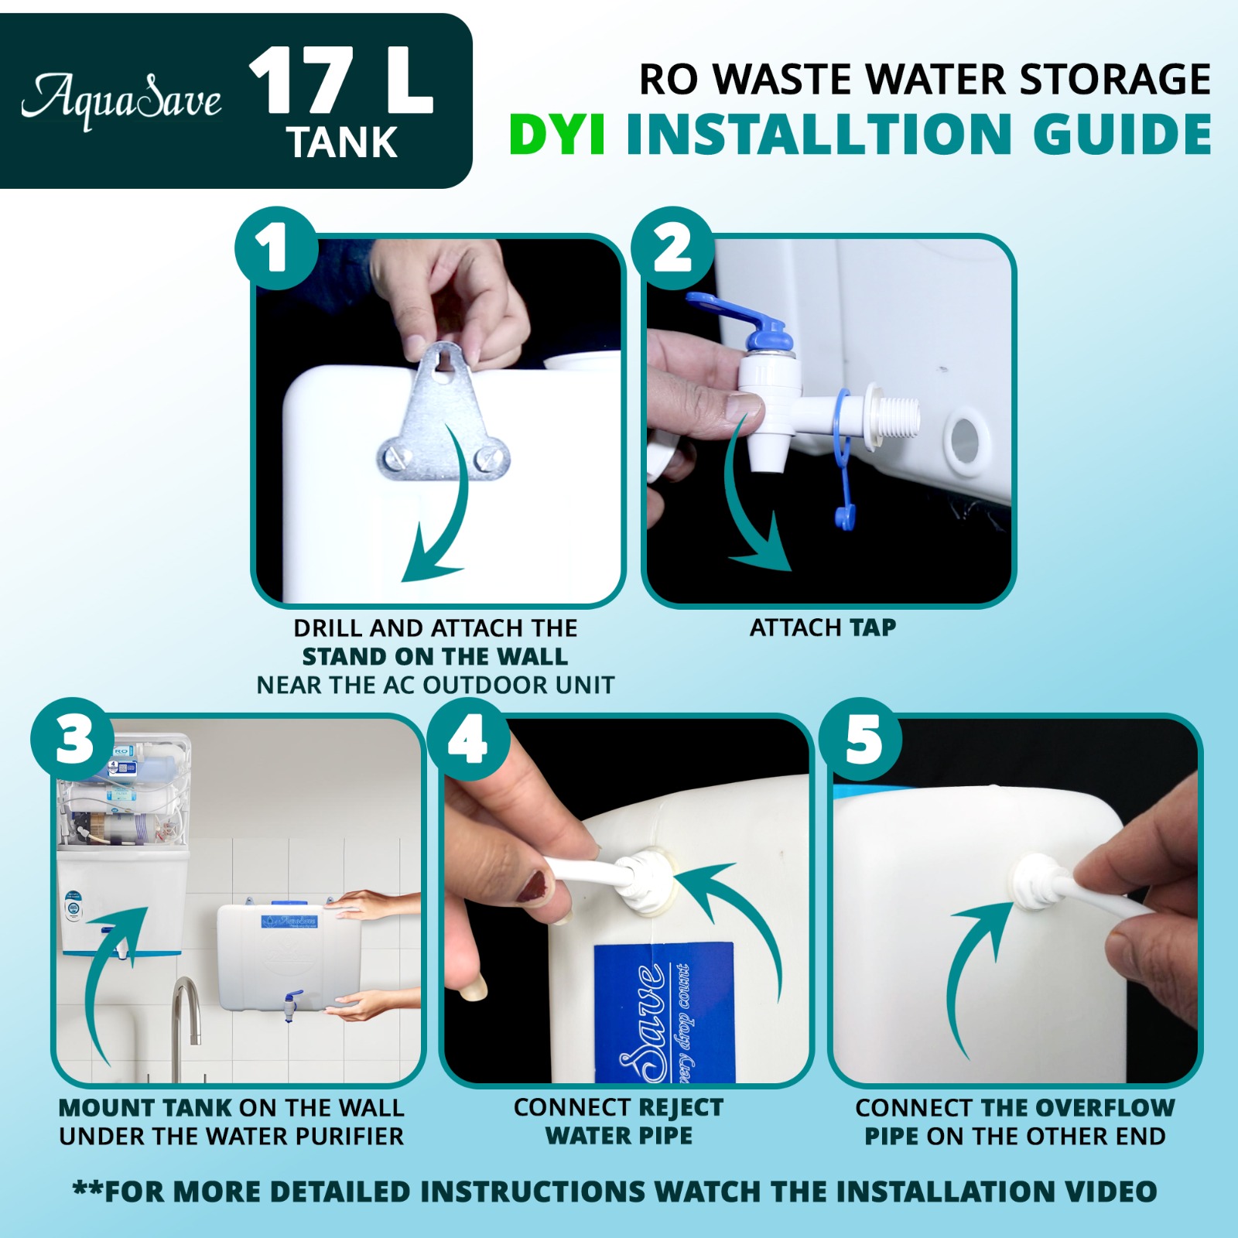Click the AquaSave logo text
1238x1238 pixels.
coord(121,101)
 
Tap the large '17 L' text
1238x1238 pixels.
coord(340,81)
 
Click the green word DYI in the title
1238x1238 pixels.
coord(557,134)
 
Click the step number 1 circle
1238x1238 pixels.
coord(276,248)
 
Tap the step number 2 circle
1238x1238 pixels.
coord(672,248)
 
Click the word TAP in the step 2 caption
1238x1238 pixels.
coord(873,627)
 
